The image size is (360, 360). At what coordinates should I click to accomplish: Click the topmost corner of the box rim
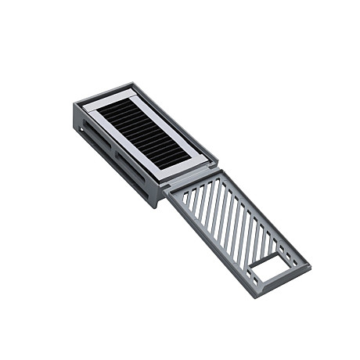coord(132,83)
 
